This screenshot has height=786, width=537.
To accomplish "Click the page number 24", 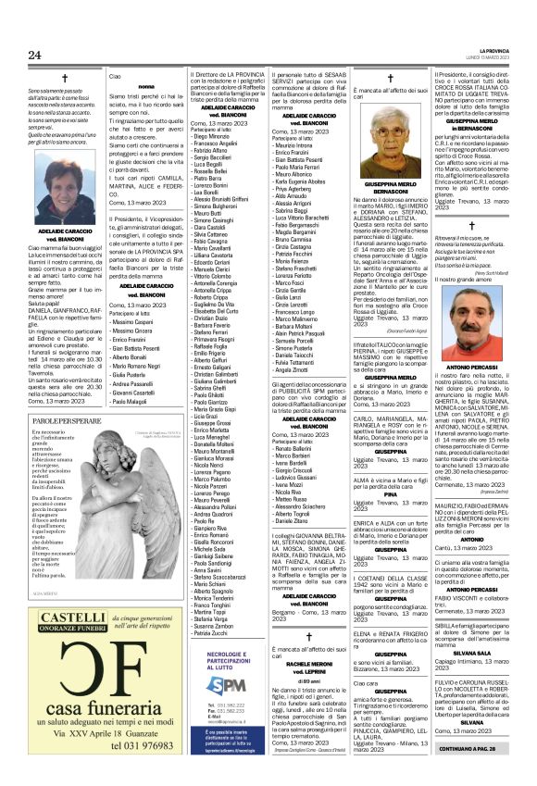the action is pyautogui.click(x=35, y=55).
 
